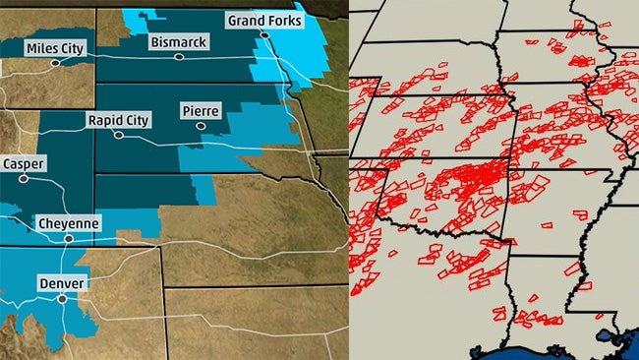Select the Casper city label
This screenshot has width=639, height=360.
[22, 163]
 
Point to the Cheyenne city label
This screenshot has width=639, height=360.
[69, 224]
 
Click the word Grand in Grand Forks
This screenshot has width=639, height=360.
[246, 21]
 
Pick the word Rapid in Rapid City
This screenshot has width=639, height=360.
[108, 120]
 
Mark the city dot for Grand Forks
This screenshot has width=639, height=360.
[263, 34]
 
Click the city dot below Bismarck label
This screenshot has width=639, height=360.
[178, 56]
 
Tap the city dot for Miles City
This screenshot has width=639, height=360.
[55, 62]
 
